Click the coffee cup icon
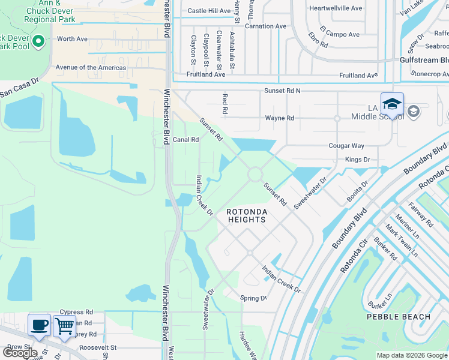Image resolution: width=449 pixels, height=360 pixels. pyautogui.click(x=40, y=326)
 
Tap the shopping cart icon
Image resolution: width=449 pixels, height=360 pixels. pyautogui.click(x=64, y=327)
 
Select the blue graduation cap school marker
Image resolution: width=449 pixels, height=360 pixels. pyautogui.click(x=391, y=104)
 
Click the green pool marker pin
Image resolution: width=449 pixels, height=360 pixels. pyautogui.click(x=38, y=42)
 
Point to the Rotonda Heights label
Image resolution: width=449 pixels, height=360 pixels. pyautogui.click(x=246, y=216)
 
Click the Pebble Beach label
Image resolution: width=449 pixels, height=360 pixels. pyautogui.click(x=399, y=317)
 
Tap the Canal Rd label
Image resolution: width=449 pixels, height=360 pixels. pyautogui.click(x=185, y=140)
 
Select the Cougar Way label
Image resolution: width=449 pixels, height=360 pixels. pyautogui.click(x=346, y=146)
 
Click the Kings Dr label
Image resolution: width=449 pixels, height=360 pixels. pyautogui.click(x=357, y=160)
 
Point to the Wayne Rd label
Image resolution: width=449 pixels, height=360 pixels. pyautogui.click(x=279, y=118)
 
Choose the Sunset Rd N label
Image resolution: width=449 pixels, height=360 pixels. pyautogui.click(x=282, y=91)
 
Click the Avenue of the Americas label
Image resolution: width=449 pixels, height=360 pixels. pyautogui.click(x=91, y=68)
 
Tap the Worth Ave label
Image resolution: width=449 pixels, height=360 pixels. pyautogui.click(x=72, y=39)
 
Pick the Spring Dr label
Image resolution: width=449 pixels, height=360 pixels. pyautogui.click(x=253, y=298)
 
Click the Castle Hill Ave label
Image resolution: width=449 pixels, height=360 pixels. pyautogui.click(x=209, y=11)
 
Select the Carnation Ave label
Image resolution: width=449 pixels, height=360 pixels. pyautogui.click(x=265, y=26)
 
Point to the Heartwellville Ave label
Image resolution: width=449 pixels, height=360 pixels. pyautogui.click(x=336, y=8)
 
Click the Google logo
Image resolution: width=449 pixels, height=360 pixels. pyautogui.click(x=20, y=352)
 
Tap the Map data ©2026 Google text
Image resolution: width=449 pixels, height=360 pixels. pyautogui.click(x=412, y=355)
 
